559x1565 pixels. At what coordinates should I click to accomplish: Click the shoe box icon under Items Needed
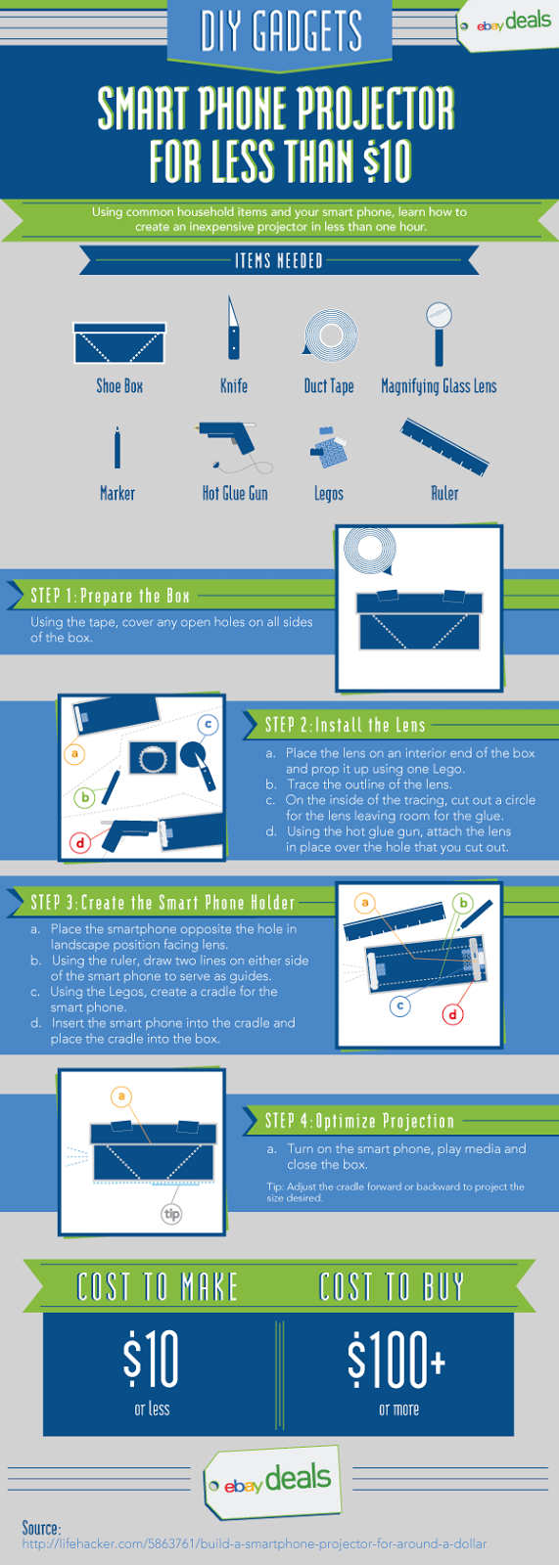[119, 342]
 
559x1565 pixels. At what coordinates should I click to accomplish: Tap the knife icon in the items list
[233, 328]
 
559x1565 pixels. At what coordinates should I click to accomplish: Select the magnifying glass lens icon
[439, 334]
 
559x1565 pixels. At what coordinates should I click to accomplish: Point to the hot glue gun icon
[233, 447]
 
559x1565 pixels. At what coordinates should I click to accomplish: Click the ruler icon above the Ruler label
[443, 447]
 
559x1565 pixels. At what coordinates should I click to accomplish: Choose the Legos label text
[329, 494]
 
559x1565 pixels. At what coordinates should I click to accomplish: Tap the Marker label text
[116, 493]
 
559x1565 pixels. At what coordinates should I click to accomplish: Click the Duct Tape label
[329, 385]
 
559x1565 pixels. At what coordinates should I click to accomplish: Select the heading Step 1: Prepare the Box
[111, 596]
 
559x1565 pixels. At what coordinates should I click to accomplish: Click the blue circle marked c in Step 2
[208, 724]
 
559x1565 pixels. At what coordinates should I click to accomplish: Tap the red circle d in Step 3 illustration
[452, 1014]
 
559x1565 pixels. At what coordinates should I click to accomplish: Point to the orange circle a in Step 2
[74, 754]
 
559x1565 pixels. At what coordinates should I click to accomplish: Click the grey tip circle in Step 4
[171, 1214]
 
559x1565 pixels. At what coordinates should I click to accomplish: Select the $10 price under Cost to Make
[151, 1358]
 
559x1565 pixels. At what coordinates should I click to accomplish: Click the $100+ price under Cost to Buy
[396, 1358]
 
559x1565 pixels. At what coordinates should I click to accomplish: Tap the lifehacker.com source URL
[254, 1543]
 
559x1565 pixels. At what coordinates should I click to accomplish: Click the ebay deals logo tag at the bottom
[274, 1481]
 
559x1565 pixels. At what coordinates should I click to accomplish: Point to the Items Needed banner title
[278, 260]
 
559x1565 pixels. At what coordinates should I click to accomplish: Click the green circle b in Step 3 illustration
[462, 904]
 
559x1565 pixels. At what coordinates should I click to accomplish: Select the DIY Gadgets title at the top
[281, 30]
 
